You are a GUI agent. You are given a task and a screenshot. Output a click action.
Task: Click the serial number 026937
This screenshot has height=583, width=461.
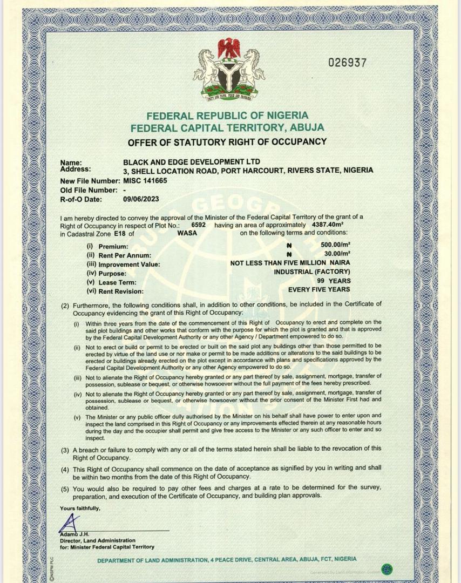coord(348,63)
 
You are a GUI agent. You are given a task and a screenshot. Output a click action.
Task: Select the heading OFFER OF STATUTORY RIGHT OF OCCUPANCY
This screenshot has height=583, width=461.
coord(227,142)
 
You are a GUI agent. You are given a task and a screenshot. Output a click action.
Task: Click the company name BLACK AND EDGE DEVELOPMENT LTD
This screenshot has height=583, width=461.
coord(192,162)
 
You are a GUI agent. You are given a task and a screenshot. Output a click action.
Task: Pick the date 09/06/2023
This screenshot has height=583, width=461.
coord(141,199)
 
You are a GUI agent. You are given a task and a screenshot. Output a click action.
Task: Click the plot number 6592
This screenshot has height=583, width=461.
coord(199,224)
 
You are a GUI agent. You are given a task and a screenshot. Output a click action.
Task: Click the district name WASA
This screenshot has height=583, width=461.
coord(187,233)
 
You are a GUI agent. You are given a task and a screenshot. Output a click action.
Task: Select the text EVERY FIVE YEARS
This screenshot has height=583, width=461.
coord(319,290)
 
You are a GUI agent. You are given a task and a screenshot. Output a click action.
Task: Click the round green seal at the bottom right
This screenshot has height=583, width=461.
coord(387,570)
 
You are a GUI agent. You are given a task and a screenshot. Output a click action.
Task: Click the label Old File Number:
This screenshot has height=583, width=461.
coord(89,190)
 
